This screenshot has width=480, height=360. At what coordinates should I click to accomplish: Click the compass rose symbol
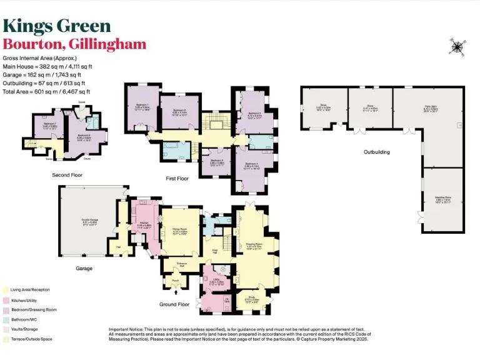point(457,46)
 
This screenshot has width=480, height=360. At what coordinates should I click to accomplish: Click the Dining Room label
point(181,230)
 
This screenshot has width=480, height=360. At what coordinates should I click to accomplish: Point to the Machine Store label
point(443,201)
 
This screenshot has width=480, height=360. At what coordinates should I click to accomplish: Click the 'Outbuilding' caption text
point(377,152)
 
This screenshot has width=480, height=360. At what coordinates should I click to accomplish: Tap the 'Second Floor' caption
point(67,175)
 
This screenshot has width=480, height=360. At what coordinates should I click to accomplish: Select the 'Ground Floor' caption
point(174,304)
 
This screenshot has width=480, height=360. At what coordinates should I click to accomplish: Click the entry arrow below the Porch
point(174,297)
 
